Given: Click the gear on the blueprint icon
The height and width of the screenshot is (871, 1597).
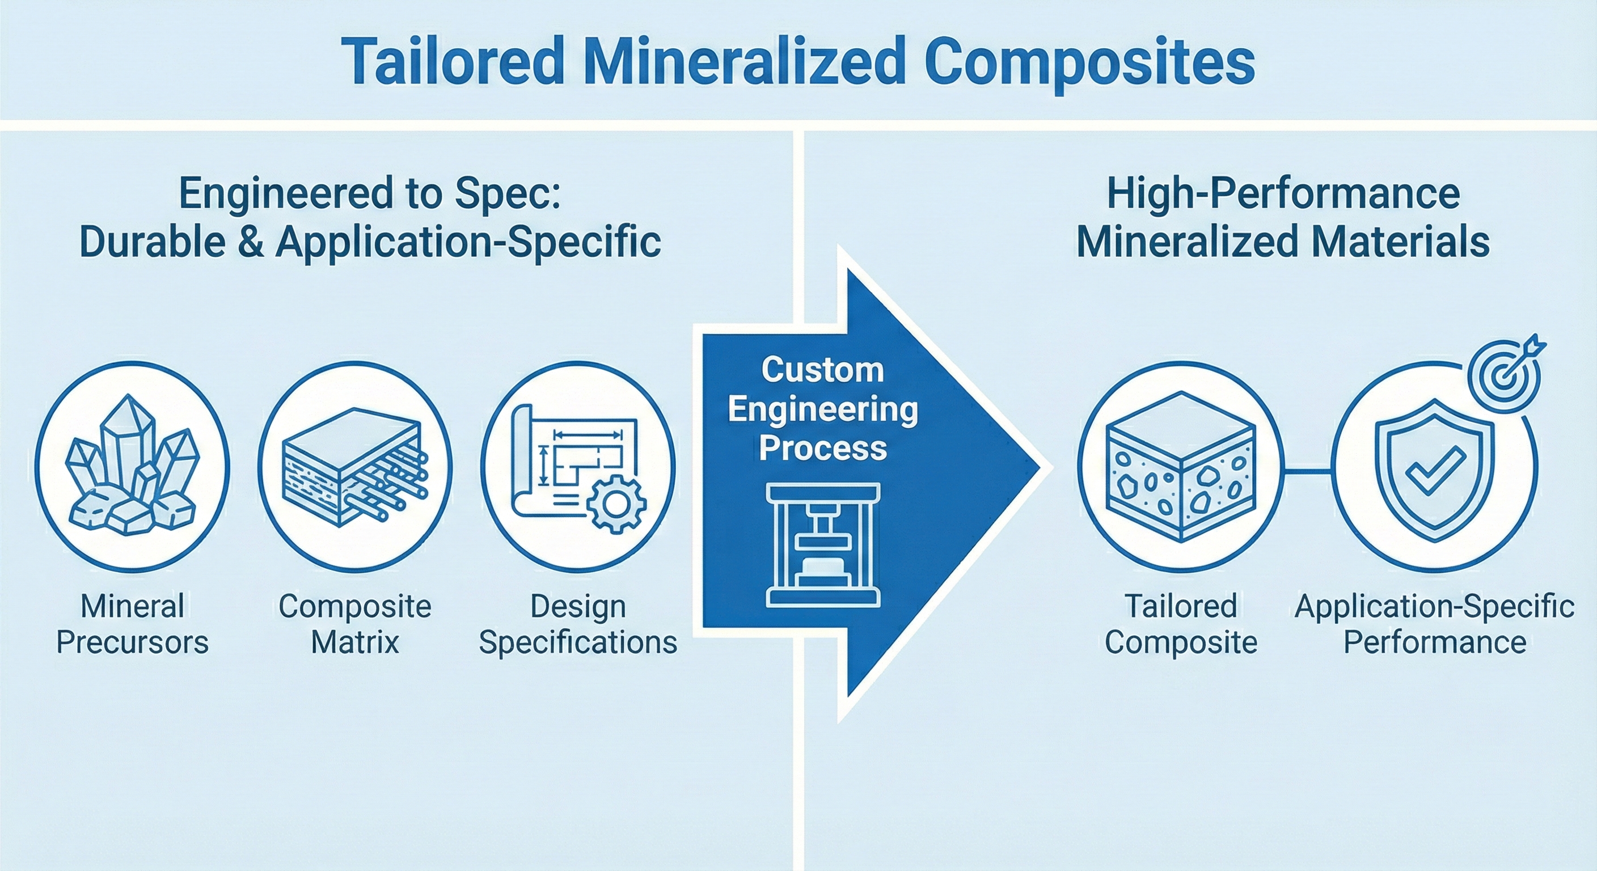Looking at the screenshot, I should pos(616,505).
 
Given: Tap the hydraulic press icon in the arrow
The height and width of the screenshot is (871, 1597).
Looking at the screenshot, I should pos(823,544).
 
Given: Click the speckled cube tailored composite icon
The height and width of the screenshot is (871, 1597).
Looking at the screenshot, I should pos(1180,467).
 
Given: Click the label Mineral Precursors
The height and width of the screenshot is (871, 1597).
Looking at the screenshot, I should pos(132,624).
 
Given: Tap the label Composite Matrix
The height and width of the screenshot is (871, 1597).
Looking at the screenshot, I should pos(354,624).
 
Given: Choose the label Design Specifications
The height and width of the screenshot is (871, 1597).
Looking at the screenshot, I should pos(578,624).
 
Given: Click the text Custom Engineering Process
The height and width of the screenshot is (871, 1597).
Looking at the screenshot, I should pos(823,409).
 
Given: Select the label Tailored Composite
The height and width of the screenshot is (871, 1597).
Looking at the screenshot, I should pos(1180,624).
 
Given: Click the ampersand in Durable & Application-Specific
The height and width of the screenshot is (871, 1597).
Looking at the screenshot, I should pos(251,242).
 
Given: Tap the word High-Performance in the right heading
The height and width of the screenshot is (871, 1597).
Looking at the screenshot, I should pos(1283,194).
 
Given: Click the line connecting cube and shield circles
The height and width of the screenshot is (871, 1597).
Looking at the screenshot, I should pos(1307,472).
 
